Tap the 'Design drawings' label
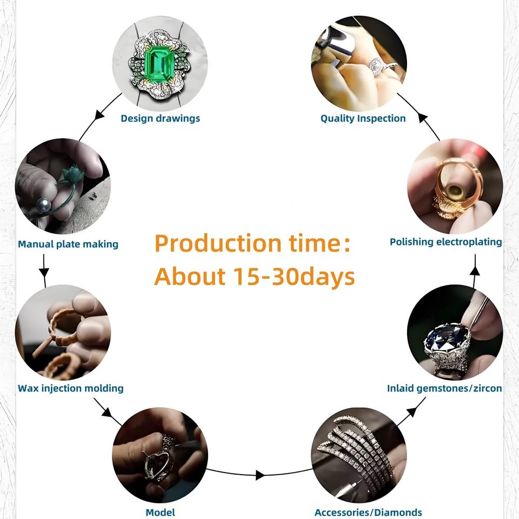pyautogui.click(x=160, y=118)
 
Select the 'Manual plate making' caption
pyautogui.click(x=68, y=244)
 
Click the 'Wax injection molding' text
pyautogui.click(x=70, y=388)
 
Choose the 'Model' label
pyautogui.click(x=160, y=512)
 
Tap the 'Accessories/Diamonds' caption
pyautogui.click(x=368, y=512)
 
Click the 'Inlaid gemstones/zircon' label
pyautogui.click(x=444, y=388)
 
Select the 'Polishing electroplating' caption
pyautogui.click(x=445, y=242)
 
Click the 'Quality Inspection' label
pyautogui.click(x=363, y=118)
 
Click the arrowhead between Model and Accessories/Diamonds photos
pyautogui.click(x=260, y=475)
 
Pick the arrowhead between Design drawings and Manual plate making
pyautogui.click(x=99, y=115)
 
